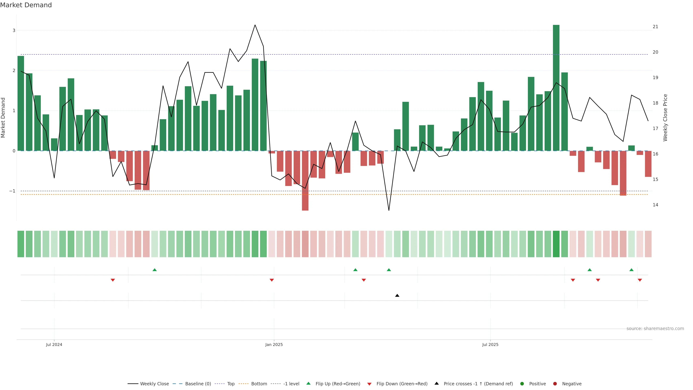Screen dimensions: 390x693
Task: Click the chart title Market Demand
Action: pos(26,5)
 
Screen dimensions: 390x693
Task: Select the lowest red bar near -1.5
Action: pos(305,180)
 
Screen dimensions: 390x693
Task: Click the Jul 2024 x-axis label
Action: pos(54,344)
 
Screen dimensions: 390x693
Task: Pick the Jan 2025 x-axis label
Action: pos(274,344)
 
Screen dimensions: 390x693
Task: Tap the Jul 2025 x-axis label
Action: pos(490,344)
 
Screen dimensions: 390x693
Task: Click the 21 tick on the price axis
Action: pos(655,27)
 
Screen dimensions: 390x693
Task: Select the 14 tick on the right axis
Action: pos(655,205)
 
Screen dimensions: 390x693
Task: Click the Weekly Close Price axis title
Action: pos(665,118)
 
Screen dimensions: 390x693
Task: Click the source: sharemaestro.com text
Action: pos(655,329)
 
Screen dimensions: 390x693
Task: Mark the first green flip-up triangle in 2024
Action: pos(154,270)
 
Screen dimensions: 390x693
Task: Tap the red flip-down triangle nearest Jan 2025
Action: pos(272,280)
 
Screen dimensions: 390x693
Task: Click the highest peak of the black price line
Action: pos(255,25)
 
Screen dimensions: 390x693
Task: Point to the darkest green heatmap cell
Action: pos(556,244)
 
